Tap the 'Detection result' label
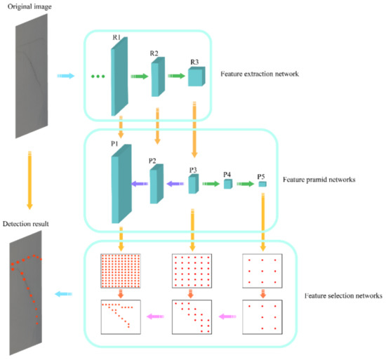(x=27, y=223)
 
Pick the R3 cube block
(x=197, y=77)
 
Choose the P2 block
(x=156, y=183)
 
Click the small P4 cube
(x=227, y=184)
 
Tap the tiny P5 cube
(x=262, y=184)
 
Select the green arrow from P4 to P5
(x=245, y=184)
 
